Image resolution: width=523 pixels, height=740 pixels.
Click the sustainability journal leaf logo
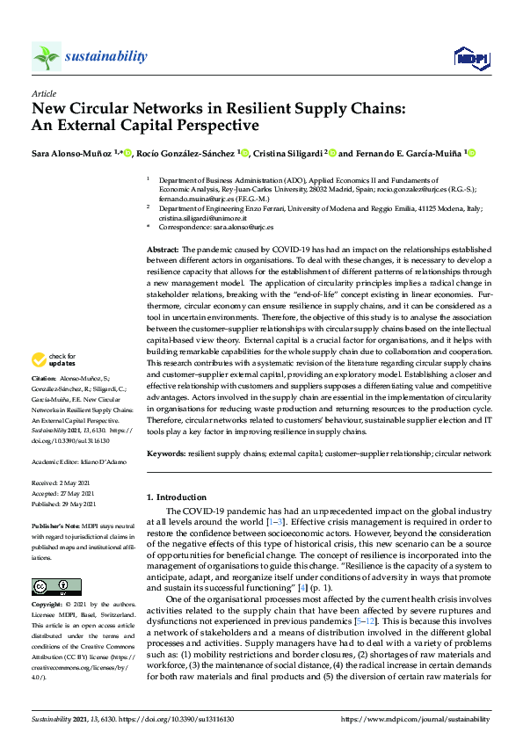[47, 57]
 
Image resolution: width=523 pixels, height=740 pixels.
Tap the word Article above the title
[43, 94]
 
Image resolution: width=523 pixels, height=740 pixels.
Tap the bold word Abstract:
[163, 250]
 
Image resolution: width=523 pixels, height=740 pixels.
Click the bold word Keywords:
[167, 453]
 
